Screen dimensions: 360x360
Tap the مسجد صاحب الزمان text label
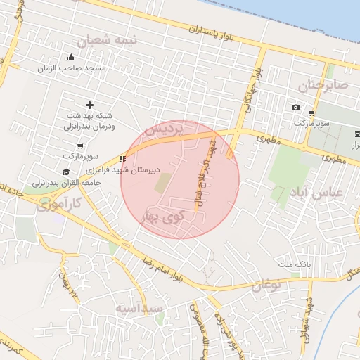(x=73, y=68)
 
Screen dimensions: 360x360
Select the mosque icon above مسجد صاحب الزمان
(x=71, y=58)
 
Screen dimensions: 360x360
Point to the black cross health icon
(x=89, y=105)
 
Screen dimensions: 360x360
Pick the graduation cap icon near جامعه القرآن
(x=66, y=172)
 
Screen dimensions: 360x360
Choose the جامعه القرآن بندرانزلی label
(x=66, y=182)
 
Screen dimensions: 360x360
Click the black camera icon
(x=295, y=108)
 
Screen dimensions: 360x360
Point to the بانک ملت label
(x=293, y=264)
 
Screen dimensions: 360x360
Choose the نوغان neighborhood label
(x=266, y=285)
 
